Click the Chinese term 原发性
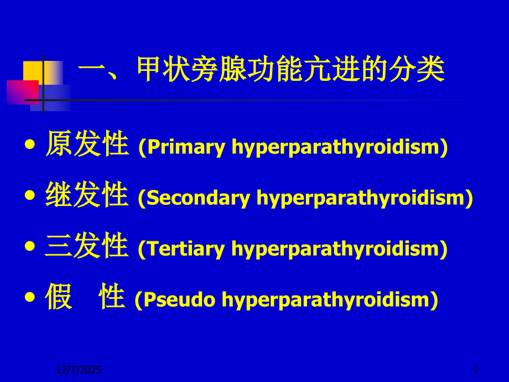click(x=87, y=144)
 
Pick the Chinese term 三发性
click(x=87, y=246)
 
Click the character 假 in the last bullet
click(x=59, y=297)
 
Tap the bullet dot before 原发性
click(x=31, y=145)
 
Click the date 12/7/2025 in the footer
click(x=79, y=369)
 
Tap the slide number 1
click(x=476, y=369)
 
